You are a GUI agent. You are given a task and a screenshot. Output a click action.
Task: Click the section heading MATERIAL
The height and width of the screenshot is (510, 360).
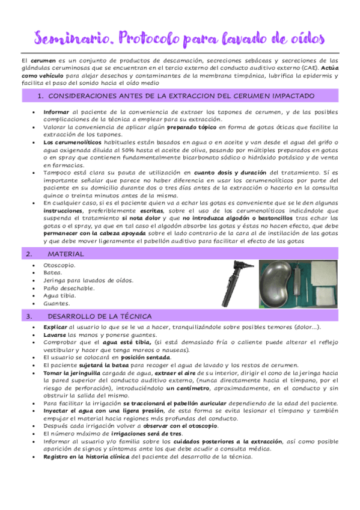point(66,254)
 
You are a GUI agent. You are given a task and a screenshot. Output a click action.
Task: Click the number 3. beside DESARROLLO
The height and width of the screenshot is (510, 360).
point(29,316)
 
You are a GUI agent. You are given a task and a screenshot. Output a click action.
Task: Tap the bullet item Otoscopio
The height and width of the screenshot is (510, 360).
point(59,265)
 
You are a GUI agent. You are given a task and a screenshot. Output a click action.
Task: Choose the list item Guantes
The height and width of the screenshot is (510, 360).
point(56,303)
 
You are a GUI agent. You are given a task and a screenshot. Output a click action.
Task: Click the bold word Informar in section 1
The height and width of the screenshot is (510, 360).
point(57,112)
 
